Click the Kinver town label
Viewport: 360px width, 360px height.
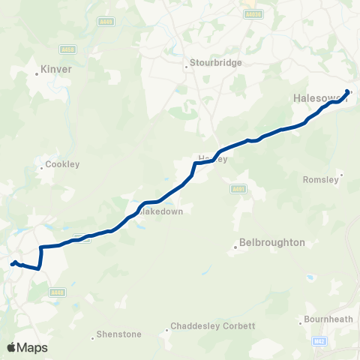pos(56,69)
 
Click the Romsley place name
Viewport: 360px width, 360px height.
pos(322,180)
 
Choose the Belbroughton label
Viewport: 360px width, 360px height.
pos(271,243)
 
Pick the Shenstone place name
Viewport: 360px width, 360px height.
pos(115,335)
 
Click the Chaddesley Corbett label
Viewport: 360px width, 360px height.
pos(213,326)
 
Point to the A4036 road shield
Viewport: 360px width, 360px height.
pos(250,13)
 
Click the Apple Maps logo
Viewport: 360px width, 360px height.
pos(27,348)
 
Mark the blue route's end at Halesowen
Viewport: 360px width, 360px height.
pos(347,92)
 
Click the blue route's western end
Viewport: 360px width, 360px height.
pos(12,263)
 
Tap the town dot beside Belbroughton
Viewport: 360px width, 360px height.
pos(235,243)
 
